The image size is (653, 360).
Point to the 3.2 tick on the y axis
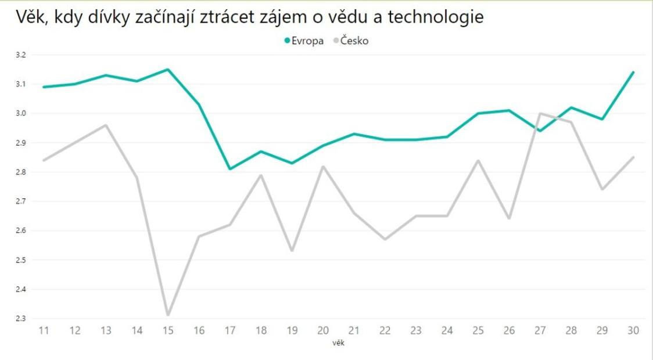pyautogui.click(x=21, y=55)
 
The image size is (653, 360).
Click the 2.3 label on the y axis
pyautogui.click(x=21, y=318)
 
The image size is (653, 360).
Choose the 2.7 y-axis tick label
pyautogui.click(x=21, y=201)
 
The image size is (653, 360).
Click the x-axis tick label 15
pyautogui.click(x=168, y=330)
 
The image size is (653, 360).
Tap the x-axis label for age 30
pyautogui.click(x=633, y=330)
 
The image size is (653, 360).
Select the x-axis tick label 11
pyautogui.click(x=44, y=330)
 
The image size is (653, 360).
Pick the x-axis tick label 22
pyautogui.click(x=385, y=330)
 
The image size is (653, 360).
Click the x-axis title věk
pyautogui.click(x=339, y=343)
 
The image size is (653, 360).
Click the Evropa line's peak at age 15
pyautogui.click(x=168, y=70)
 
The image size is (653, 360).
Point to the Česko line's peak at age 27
pyautogui.click(x=540, y=113)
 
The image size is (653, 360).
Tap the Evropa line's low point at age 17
pyautogui.click(x=230, y=169)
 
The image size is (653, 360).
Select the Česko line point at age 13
pyautogui.click(x=106, y=125)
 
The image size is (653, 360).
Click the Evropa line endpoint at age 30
pyautogui.click(x=633, y=73)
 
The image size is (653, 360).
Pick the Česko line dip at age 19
pyautogui.click(x=292, y=251)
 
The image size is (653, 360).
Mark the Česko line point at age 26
pyautogui.click(x=509, y=218)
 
